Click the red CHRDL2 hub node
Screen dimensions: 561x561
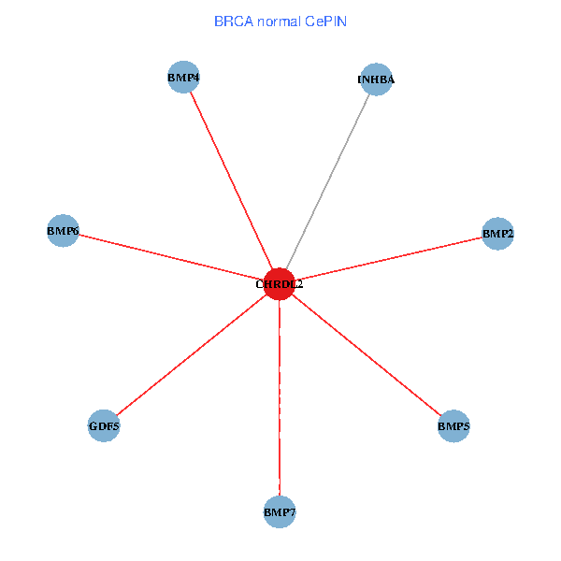click(x=280, y=283)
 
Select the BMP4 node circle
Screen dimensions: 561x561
click(x=184, y=78)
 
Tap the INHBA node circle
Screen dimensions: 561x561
click(x=376, y=79)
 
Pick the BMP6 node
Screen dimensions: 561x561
click(x=63, y=230)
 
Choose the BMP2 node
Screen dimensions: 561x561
click(x=497, y=233)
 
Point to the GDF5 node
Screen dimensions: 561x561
click(x=104, y=426)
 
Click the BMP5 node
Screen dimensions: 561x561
click(x=453, y=426)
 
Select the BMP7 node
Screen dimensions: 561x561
click(x=280, y=511)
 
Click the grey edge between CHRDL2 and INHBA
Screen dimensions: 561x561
click(x=327, y=181)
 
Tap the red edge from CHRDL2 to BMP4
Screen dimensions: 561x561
click(x=232, y=180)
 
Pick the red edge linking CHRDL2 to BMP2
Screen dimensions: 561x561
click(x=388, y=258)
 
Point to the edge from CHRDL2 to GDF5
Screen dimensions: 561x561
click(x=192, y=355)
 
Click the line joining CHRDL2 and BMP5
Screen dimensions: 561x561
click(x=367, y=355)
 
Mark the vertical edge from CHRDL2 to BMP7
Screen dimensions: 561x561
click(x=280, y=397)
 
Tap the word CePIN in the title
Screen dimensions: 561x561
click(x=325, y=21)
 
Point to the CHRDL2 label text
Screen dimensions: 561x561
click(x=280, y=283)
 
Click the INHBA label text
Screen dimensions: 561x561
click(x=376, y=79)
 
